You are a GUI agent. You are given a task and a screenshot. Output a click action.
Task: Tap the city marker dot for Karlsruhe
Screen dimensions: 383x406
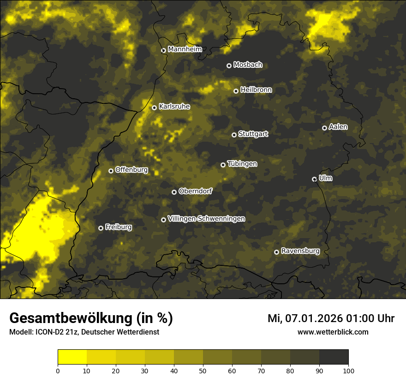click(154, 108)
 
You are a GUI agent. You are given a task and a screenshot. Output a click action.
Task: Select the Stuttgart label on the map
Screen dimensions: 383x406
click(253, 134)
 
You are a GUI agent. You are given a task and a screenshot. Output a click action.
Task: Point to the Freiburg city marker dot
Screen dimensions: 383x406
click(101, 228)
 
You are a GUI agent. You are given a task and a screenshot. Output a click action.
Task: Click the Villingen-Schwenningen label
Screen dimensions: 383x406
click(206, 219)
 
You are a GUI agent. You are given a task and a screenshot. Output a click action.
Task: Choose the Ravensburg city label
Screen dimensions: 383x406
click(300, 251)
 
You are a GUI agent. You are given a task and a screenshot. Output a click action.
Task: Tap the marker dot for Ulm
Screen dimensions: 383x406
click(314, 179)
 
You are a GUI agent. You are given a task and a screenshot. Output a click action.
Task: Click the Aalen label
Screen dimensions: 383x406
click(338, 127)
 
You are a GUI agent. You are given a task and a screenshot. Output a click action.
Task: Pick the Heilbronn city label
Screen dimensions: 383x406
click(256, 90)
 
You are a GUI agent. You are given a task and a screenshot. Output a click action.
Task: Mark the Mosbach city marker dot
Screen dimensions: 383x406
click(229, 66)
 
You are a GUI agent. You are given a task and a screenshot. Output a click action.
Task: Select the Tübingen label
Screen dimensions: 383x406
click(242, 164)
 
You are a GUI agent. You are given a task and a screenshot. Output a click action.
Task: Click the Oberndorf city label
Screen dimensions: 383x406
click(195, 191)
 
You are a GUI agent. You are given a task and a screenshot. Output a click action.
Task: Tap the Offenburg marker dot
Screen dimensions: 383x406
click(111, 171)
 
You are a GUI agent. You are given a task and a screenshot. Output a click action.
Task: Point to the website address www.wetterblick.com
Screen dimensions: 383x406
click(333, 332)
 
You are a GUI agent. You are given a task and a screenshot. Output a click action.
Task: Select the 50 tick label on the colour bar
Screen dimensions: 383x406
click(203, 370)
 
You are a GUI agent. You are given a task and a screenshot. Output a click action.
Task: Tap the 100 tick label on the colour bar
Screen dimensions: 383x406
click(348, 370)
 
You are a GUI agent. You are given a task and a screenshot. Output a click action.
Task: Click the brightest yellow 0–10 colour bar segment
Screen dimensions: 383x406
click(72, 357)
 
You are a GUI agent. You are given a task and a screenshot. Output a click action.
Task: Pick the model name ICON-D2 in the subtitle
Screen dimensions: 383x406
click(49, 332)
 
